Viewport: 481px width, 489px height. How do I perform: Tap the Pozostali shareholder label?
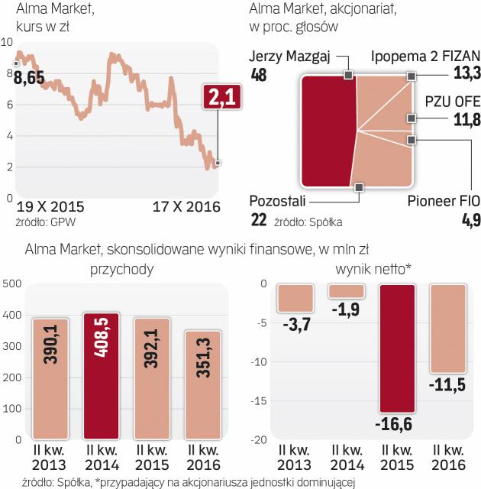278,202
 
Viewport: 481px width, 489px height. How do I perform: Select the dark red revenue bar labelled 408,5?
102,378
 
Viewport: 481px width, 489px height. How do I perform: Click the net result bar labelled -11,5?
448,329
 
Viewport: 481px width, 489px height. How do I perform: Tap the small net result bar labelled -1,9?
347,291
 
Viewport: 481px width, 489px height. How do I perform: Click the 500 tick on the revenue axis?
11,284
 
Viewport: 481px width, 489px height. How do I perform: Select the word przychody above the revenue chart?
121,268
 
